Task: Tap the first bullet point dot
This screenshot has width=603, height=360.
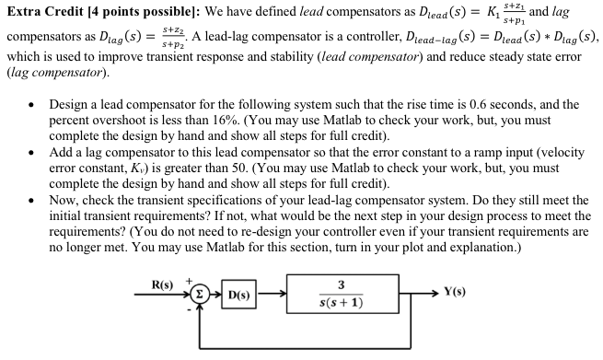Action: point(33,104)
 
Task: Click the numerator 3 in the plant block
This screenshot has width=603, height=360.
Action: point(342,285)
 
